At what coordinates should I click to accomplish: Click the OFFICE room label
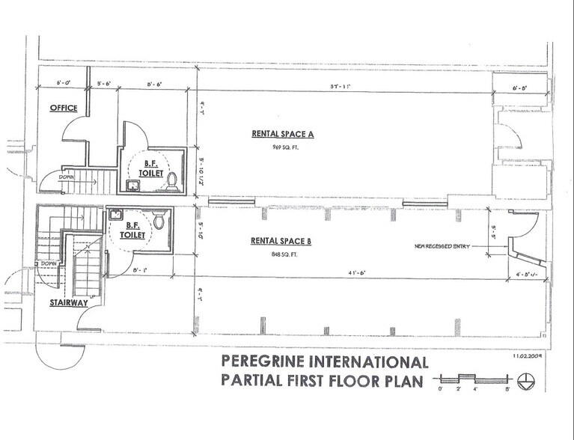64,108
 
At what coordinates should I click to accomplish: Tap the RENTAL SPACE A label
283,134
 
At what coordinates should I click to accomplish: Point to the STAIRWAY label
67,303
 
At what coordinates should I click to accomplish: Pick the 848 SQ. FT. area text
274,254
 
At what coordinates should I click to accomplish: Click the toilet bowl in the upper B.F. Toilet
172,180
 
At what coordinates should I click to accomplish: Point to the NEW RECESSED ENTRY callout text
443,246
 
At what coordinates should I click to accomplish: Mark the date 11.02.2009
528,357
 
